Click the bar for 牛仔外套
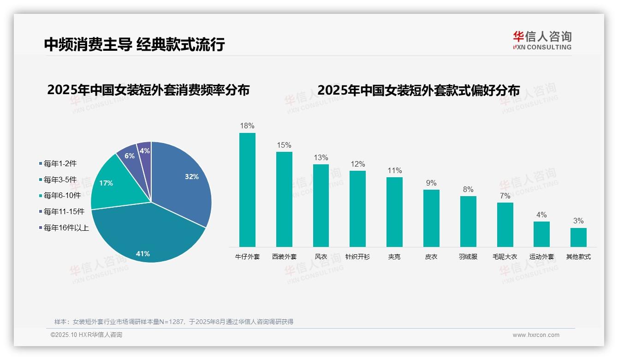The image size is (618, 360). (x=247, y=190)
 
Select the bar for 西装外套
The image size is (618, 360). (x=284, y=199)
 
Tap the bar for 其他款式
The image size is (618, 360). (x=578, y=237)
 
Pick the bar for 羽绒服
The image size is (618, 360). (x=468, y=222)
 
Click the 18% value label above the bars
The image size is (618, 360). (x=247, y=126)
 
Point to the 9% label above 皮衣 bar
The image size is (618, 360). (x=431, y=183)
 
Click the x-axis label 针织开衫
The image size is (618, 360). (x=357, y=257)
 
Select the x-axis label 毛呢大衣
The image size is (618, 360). (x=505, y=257)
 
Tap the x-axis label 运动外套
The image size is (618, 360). (x=541, y=257)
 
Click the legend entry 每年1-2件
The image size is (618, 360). (x=60, y=163)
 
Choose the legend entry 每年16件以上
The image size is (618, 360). (x=66, y=228)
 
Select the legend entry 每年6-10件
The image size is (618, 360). (x=62, y=196)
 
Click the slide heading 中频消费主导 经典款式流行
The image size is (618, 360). (x=134, y=44)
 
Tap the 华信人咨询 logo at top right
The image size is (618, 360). (x=542, y=40)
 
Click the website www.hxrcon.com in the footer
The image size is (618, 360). (x=536, y=335)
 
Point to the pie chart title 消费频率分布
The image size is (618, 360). (x=148, y=90)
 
